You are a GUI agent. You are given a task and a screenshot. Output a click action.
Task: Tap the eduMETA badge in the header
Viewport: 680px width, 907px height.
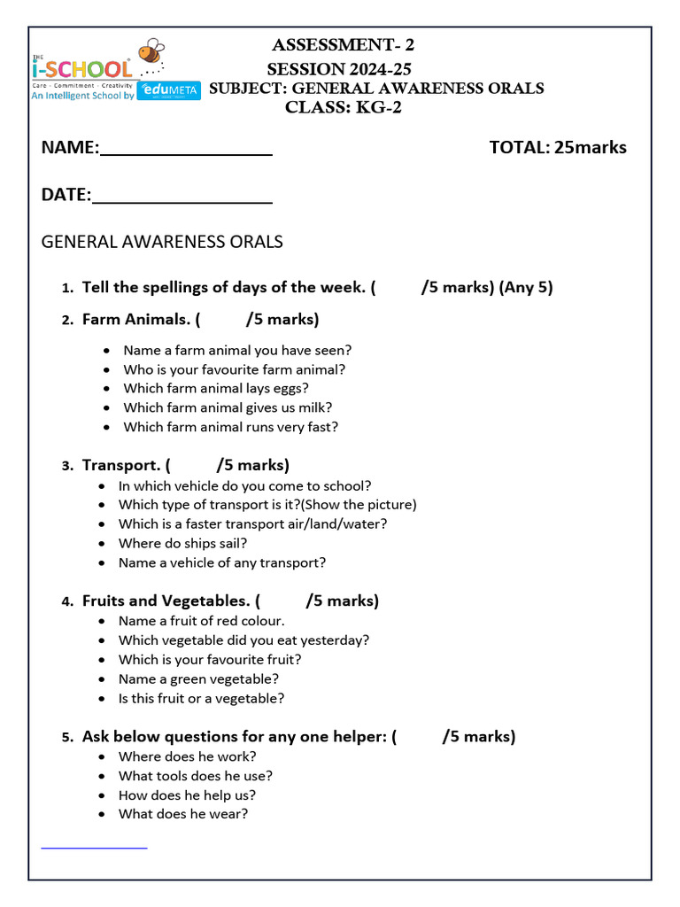169,89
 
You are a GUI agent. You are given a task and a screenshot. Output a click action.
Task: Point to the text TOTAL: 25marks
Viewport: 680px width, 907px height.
558,147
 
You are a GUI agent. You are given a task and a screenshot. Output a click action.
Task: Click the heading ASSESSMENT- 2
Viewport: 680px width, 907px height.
343,45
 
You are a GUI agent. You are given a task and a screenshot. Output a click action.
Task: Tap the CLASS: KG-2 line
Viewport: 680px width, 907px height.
343,108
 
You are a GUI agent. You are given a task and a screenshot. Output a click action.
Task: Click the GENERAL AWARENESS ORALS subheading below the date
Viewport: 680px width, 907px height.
162,241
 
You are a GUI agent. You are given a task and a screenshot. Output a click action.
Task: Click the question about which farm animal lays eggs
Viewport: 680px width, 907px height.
216,388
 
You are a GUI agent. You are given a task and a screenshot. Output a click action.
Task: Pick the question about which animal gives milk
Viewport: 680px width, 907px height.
228,407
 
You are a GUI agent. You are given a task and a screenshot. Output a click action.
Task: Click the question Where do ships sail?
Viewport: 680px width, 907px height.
183,543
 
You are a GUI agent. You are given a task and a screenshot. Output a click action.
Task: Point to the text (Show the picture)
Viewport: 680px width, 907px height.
358,504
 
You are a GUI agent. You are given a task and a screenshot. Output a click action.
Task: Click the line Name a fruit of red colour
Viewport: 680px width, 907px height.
202,621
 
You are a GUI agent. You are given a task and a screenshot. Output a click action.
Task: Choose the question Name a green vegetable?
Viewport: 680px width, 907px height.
199,678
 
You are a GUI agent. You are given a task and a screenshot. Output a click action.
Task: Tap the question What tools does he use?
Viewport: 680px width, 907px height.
195,776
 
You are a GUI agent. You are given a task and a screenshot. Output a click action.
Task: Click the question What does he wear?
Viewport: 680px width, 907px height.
183,813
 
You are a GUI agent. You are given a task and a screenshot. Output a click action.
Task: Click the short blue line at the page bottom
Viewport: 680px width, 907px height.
94,849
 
